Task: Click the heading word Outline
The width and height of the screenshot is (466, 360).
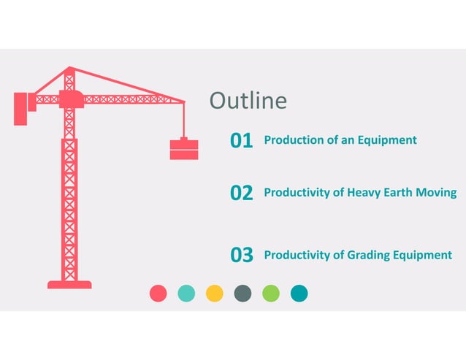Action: tap(248, 101)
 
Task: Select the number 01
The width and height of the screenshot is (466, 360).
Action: tap(241, 140)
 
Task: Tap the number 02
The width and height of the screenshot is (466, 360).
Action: tap(241, 193)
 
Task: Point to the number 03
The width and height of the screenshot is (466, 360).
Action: tap(241, 255)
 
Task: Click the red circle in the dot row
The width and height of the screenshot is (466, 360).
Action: tap(158, 294)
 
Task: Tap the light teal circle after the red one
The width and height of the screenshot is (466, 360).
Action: tap(186, 294)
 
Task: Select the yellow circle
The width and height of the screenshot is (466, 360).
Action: tap(215, 294)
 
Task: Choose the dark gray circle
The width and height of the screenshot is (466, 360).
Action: tap(242, 294)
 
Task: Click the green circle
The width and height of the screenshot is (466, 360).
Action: tap(271, 294)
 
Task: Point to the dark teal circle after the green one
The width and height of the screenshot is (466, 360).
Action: tap(299, 294)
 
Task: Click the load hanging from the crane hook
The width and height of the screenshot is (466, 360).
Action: tap(184, 149)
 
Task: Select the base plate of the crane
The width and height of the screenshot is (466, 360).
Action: tap(69, 284)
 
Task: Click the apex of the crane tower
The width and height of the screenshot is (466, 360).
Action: tap(69, 69)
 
